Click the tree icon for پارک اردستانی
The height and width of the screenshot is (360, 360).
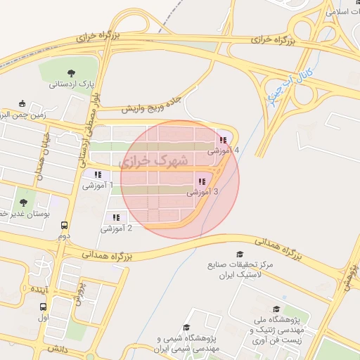coord(71,72)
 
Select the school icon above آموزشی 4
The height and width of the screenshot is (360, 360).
coord(223,141)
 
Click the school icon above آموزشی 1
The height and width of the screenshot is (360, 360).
coord(98,175)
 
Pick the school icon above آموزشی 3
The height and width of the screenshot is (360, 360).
coord(202,181)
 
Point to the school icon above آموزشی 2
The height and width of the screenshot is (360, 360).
coord(115,218)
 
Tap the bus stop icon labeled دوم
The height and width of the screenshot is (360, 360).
coord(65,226)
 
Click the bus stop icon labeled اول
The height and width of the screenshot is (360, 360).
coord(44,307)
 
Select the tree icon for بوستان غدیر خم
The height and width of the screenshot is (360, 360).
coord(23,202)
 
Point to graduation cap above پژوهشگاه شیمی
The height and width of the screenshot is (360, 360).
coord(186,327)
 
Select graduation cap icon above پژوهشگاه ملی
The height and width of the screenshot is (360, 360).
coord(276,309)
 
